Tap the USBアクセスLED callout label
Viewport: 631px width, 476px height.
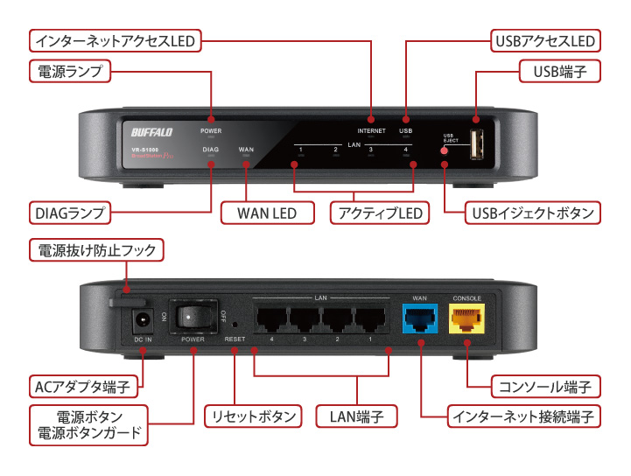pos(543,40)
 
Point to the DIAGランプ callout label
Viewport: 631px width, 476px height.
pos(68,213)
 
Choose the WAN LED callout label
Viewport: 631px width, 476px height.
pos(267,213)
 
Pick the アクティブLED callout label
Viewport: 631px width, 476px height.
pos(377,213)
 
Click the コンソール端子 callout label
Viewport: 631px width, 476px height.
pos(544,386)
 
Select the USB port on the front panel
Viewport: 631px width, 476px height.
pos(477,144)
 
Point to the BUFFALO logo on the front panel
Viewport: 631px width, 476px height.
pos(151,132)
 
